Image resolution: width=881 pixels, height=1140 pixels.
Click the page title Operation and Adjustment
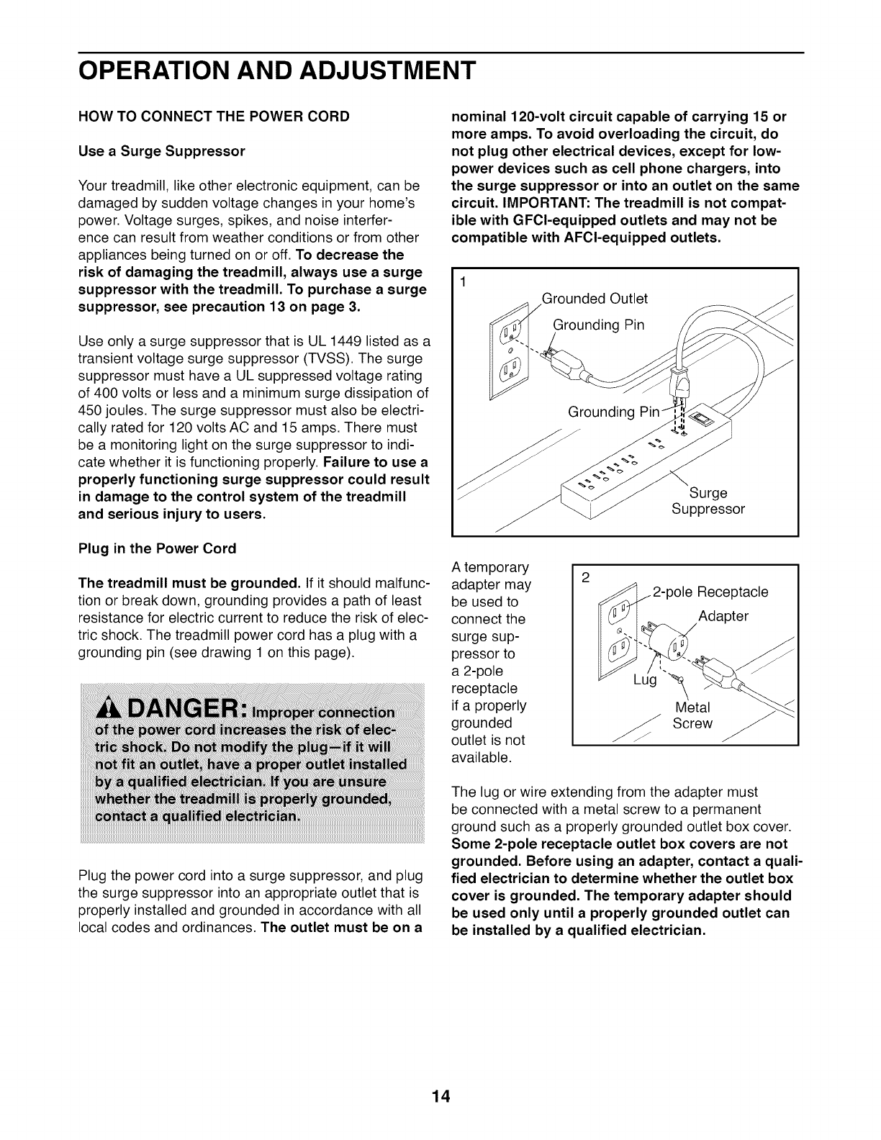(x=277, y=71)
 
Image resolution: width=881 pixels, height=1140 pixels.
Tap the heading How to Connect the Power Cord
(x=214, y=116)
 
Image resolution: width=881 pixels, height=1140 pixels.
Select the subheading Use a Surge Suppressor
(x=162, y=151)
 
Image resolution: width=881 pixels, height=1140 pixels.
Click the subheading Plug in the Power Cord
(x=157, y=548)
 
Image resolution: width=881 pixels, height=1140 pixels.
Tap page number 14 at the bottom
(x=440, y=1077)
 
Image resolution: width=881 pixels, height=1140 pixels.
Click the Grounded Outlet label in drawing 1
(x=595, y=299)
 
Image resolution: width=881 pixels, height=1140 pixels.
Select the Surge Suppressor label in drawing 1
(x=708, y=501)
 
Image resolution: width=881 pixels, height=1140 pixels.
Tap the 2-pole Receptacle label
(x=710, y=592)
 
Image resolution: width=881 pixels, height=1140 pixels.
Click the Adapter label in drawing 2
(x=723, y=616)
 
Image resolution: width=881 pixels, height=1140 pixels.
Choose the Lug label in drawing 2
(x=645, y=681)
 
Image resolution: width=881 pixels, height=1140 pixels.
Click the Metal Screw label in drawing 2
(x=692, y=716)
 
